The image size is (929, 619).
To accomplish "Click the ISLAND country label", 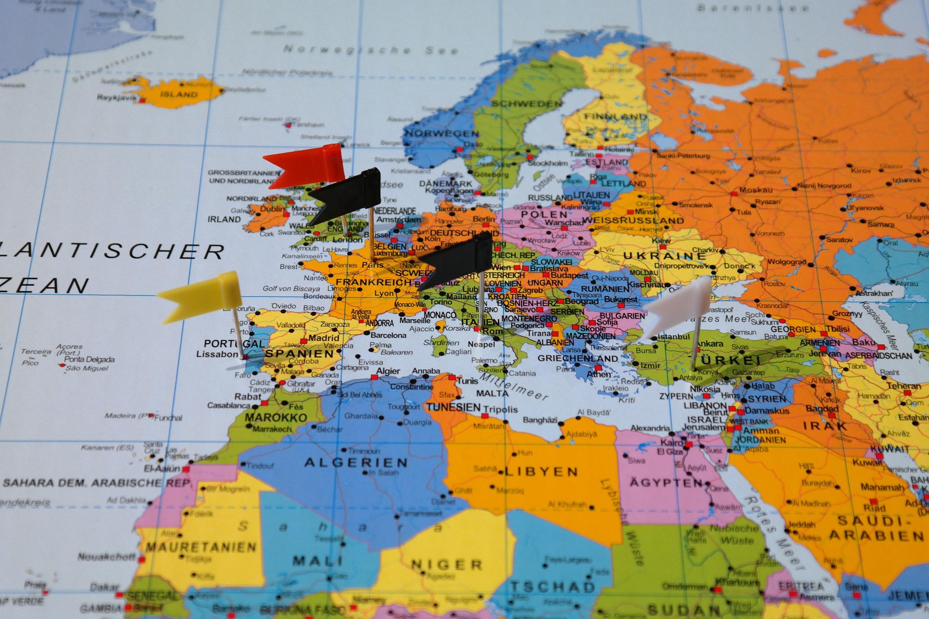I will tap(179, 94).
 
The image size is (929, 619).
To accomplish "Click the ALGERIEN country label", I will tap(356, 463).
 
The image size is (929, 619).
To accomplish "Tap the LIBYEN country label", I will tap(541, 472).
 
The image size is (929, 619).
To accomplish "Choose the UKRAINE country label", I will tap(665, 256).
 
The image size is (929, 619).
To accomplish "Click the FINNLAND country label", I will tap(615, 117).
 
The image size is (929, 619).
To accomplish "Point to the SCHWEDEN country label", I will tap(527, 103).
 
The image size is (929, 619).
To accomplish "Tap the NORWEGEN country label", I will tap(442, 133).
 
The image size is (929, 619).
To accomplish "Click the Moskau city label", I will tap(756, 190).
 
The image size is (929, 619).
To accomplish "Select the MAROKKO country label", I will tap(276, 417).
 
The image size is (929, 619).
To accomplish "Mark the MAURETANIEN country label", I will tap(201, 547).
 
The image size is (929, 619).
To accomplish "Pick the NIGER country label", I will tap(447, 564).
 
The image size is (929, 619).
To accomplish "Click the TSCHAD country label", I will tap(552, 587).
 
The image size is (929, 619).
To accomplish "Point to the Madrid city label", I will tap(324, 338).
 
